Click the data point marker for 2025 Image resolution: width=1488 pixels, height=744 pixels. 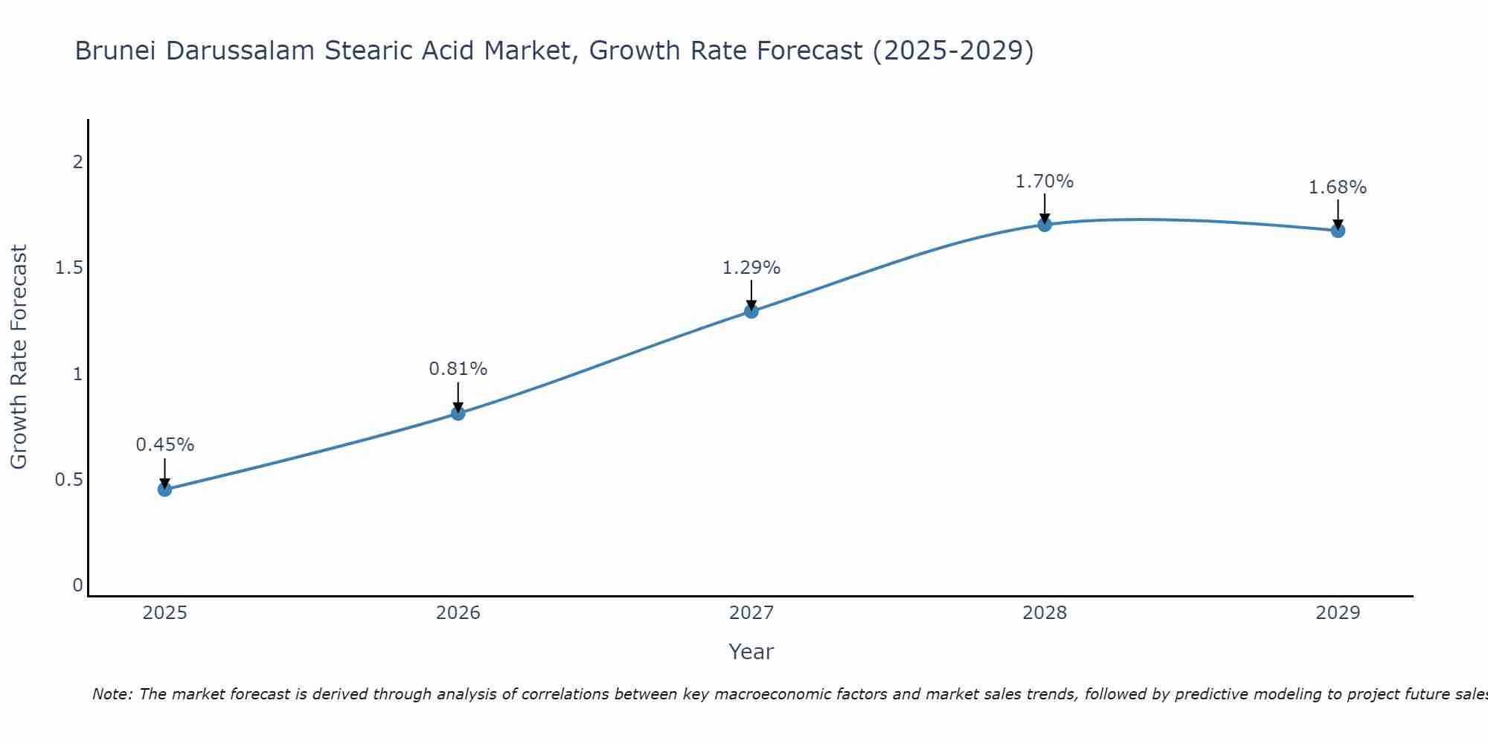164,489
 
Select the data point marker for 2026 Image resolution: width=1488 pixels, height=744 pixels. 458,413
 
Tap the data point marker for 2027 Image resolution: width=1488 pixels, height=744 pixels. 751,311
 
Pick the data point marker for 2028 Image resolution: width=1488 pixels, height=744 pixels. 1045,224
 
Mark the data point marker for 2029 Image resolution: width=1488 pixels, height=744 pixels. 1338,231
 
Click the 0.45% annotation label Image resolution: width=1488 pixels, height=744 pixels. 164,445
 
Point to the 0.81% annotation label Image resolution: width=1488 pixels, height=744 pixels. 458,369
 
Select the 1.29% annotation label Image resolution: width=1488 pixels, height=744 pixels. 751,268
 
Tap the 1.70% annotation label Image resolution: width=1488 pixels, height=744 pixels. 1045,182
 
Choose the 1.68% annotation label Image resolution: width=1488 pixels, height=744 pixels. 1338,187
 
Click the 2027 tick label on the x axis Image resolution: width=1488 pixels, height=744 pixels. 751,613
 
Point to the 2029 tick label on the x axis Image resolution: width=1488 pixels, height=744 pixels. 1338,613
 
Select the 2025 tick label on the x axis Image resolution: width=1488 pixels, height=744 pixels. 164,613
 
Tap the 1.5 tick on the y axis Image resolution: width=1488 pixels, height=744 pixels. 68,268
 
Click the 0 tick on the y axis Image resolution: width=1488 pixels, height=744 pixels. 77,586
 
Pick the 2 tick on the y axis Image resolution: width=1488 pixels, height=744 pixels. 77,162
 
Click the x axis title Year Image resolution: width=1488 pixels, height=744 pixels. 751,652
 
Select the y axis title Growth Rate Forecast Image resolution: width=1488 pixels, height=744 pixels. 19,357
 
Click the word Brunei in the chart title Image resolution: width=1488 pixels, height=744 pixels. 116,51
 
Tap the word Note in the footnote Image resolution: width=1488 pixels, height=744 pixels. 112,694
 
